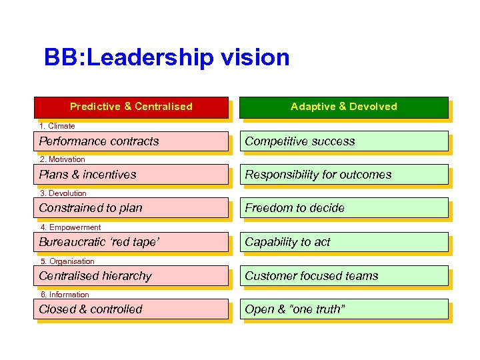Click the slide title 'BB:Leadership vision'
coord(167,57)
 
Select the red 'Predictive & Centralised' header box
coord(131,107)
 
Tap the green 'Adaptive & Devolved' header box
coord(343,107)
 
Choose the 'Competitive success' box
coord(343,141)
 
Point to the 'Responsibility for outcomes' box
coord(343,175)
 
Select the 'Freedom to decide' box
coord(343,208)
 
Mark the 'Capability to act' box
coord(343,242)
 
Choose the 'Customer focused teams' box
coord(343,276)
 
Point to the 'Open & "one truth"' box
coord(343,309)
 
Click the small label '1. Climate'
coord(57,126)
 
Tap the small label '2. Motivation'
coord(62,159)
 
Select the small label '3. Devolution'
coord(63,193)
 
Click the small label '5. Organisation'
coord(67,261)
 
